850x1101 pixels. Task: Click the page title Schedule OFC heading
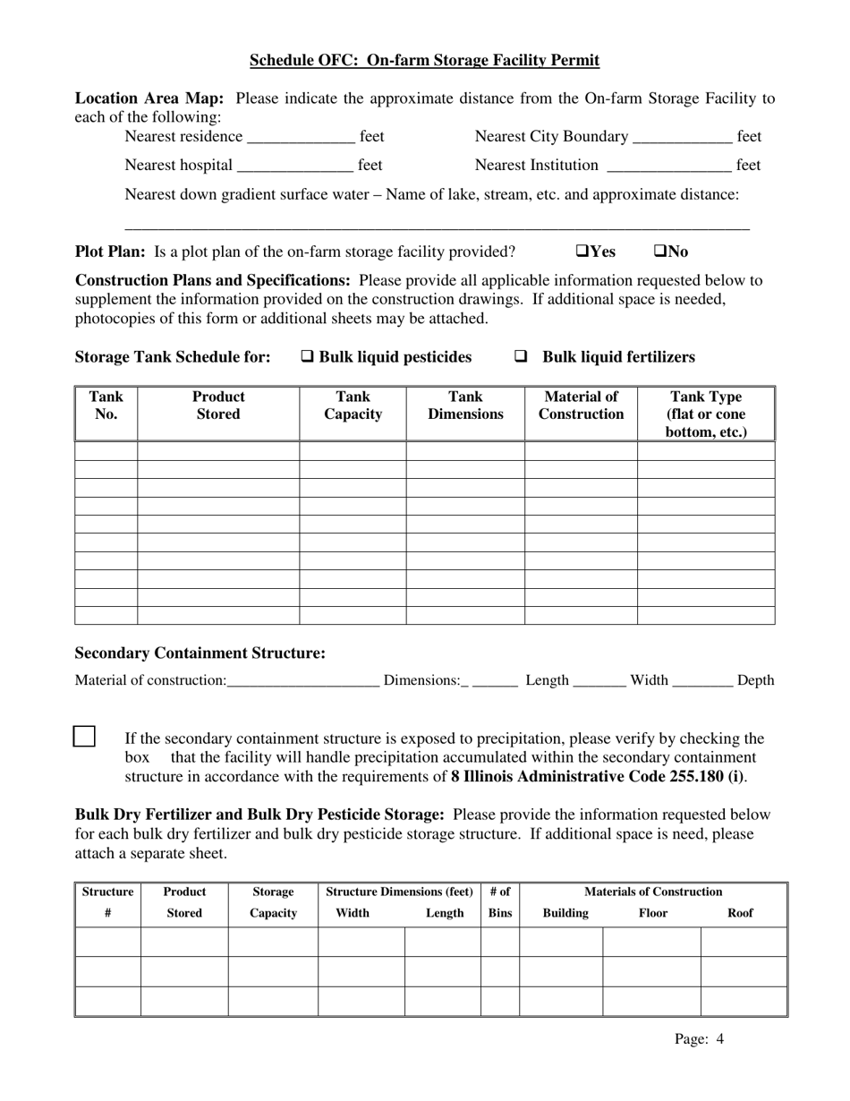(424, 61)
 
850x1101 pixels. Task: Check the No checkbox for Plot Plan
(659, 252)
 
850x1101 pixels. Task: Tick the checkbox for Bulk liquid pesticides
(307, 357)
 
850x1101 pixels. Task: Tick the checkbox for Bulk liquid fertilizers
(521, 357)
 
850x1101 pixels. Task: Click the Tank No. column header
(106, 405)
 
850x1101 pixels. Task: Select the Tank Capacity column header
(353, 405)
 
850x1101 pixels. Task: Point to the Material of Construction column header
(581, 405)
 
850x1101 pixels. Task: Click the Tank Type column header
(706, 414)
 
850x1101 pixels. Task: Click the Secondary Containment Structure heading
(200, 653)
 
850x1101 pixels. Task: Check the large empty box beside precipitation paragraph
(83, 737)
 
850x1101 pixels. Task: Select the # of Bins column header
(500, 902)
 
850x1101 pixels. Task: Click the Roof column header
(741, 913)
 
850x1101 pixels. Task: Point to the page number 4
(719, 1040)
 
